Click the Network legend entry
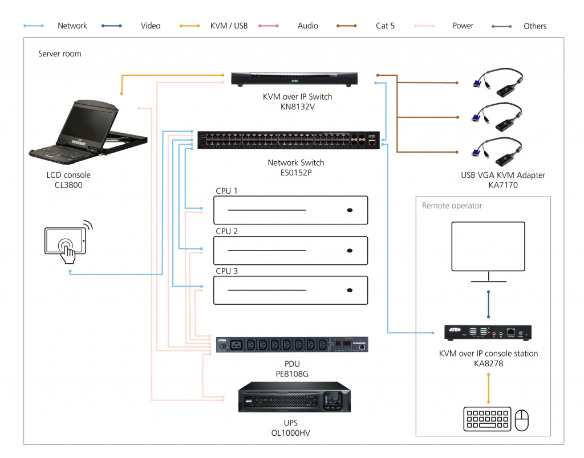(72, 26)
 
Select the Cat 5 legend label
(385, 26)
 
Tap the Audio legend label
(307, 26)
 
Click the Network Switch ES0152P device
(288, 140)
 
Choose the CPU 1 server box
(290, 210)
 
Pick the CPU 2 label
(226, 231)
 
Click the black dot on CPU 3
(349, 291)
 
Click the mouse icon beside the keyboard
(522, 420)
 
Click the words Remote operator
(452, 206)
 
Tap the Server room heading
(60, 54)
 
